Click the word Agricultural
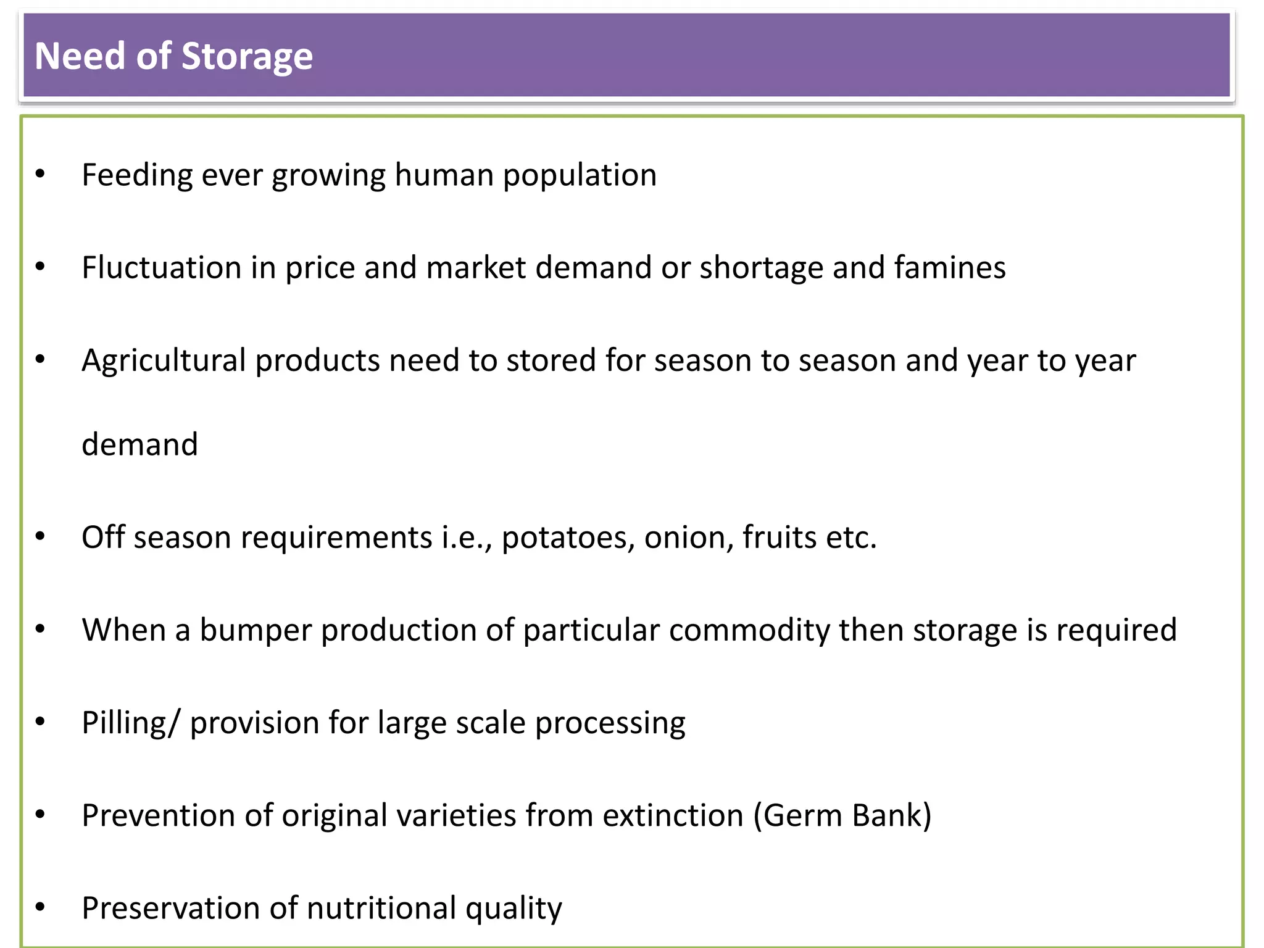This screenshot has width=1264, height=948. (164, 360)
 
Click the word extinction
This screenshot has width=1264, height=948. (673, 815)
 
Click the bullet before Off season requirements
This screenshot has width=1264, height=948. (41, 536)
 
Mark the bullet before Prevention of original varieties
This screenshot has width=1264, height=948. (41, 815)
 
